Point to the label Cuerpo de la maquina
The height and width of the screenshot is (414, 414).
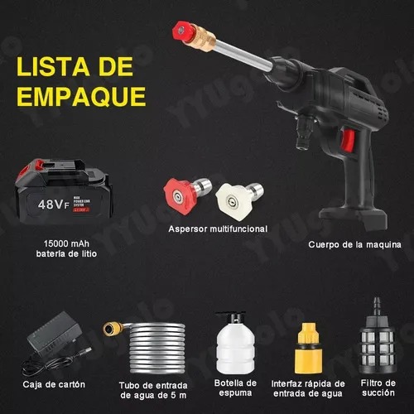(x=354, y=245)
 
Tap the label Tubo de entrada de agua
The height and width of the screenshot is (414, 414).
(x=148, y=389)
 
